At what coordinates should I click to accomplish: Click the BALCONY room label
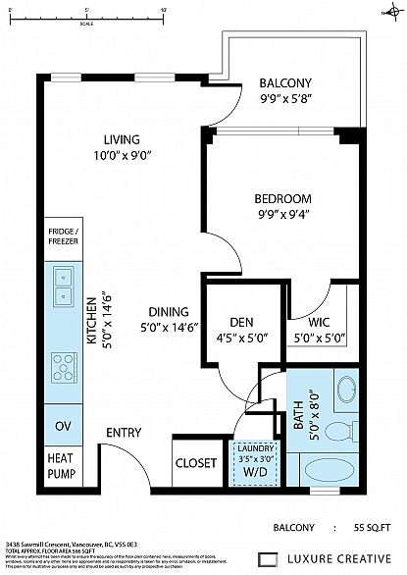(286, 82)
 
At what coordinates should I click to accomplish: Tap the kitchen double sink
(62, 286)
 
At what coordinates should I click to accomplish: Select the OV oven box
(62, 426)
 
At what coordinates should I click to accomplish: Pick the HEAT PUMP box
(62, 464)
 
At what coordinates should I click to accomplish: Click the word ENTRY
(125, 433)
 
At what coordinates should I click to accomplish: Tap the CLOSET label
(196, 464)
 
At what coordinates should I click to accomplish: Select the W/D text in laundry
(257, 471)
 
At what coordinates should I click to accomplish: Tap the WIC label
(318, 321)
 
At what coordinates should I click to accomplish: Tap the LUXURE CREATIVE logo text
(341, 558)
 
